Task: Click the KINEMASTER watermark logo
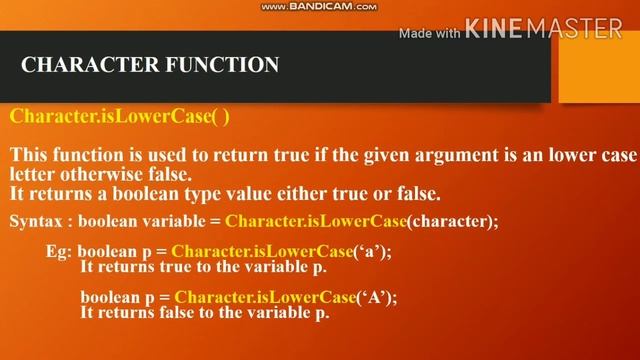click(x=544, y=30)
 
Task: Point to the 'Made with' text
click(x=429, y=32)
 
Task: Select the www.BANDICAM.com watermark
click(x=319, y=6)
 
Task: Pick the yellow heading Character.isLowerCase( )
click(x=120, y=116)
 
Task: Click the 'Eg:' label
click(x=60, y=252)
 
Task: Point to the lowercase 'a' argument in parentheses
click(x=372, y=252)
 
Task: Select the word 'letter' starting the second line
click(x=34, y=174)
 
